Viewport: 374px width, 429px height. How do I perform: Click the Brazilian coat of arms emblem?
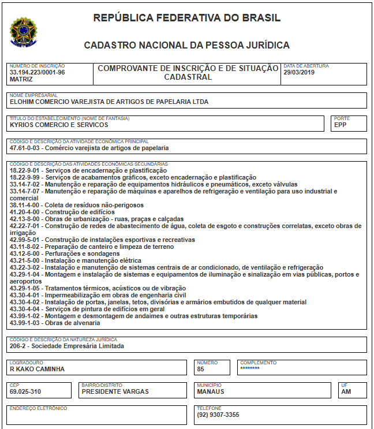pyautogui.click(x=23, y=32)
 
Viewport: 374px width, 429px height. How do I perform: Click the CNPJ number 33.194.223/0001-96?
pyautogui.click(x=38, y=72)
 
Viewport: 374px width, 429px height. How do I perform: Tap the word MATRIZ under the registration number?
pyautogui.click(x=21, y=79)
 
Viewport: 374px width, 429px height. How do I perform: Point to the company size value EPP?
pyautogui.click(x=340, y=125)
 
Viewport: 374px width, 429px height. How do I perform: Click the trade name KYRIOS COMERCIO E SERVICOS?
pyautogui.click(x=59, y=125)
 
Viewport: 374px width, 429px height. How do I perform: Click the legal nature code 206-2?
pyautogui.click(x=20, y=346)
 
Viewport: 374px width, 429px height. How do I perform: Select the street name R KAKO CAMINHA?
pyautogui.click(x=38, y=369)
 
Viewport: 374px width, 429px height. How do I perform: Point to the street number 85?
pyautogui.click(x=201, y=369)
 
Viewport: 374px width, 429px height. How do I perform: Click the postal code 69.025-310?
pyautogui.click(x=25, y=391)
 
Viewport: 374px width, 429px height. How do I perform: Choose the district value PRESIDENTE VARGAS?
pyautogui.click(x=115, y=391)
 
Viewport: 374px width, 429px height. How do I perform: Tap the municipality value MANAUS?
pyautogui.click(x=211, y=391)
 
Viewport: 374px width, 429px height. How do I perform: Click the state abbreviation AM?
pyautogui.click(x=347, y=391)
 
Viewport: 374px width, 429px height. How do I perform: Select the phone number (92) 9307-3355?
pyautogui.click(x=218, y=415)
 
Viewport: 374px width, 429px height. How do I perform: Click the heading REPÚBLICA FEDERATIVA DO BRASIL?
pyautogui.click(x=187, y=18)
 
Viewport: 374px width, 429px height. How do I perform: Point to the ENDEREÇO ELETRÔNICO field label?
pyautogui.click(x=39, y=408)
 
